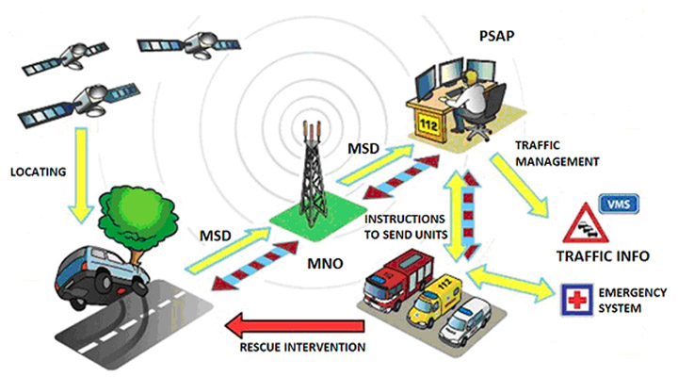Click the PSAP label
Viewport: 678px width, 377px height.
click(497, 36)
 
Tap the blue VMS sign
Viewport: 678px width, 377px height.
click(619, 204)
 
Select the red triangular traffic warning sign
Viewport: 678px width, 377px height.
click(586, 223)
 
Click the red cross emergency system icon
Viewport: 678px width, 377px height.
click(577, 300)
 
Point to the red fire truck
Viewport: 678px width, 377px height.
click(397, 279)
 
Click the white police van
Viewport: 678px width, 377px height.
click(464, 321)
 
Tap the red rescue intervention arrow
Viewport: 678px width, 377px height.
click(295, 326)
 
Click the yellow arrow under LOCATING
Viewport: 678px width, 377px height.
click(82, 175)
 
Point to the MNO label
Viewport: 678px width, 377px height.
click(325, 263)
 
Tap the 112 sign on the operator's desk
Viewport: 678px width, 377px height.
click(428, 124)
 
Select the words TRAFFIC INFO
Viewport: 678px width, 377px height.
click(603, 256)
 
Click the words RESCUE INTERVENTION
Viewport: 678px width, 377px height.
click(302, 347)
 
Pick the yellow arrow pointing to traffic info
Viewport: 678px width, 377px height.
click(519, 185)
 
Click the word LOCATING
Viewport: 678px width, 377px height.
click(38, 172)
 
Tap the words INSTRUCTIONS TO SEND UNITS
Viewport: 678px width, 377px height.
click(406, 227)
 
